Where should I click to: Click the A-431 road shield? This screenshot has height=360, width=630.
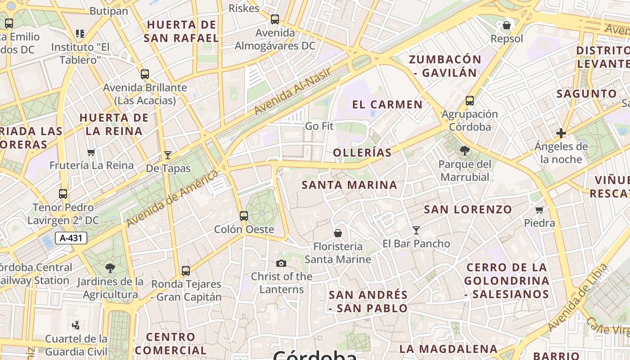pos(71,238)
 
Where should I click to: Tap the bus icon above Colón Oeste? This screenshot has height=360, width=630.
pos(244,216)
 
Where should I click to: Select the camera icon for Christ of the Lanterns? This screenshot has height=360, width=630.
pos(281,263)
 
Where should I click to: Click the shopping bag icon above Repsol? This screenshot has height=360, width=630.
pos(507,25)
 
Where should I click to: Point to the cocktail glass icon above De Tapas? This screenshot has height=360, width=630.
pos(168,155)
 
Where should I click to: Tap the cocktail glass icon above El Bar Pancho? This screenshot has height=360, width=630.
pos(416,230)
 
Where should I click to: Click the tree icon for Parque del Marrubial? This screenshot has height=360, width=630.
pos(465,151)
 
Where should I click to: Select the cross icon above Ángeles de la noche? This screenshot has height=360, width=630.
pos(561,133)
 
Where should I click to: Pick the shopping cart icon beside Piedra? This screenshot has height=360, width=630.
pos(540,210)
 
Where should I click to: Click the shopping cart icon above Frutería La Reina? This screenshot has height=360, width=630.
pos(91,152)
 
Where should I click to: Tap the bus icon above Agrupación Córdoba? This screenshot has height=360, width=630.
pos(470,101)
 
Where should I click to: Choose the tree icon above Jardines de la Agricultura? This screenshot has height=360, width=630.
pos(110,269)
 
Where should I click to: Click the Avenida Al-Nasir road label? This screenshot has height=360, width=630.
pos(292,91)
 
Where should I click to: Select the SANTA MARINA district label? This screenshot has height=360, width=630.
pos(349,185)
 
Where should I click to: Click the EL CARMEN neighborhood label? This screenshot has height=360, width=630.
pos(387,105)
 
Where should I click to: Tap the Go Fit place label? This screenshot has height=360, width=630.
pos(319,126)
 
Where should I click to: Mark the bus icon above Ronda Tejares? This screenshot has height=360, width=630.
pos(186,271)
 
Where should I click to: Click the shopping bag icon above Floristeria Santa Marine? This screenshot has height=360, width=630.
pos(338,233)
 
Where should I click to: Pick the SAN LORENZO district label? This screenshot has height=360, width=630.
pos(468,209)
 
